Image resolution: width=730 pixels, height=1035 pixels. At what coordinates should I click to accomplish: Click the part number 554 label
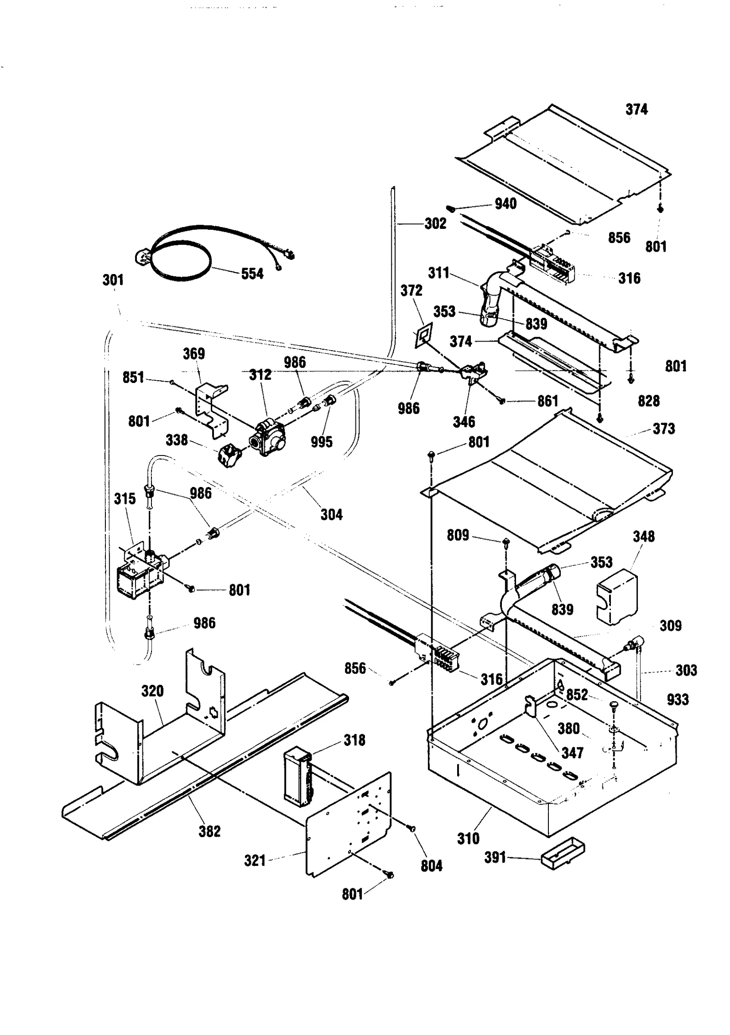[252, 274]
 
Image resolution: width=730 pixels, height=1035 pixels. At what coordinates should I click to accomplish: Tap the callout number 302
[435, 223]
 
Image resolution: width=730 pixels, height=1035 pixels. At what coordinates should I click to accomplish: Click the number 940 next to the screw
[505, 204]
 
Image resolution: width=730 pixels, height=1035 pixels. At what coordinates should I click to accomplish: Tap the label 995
[322, 442]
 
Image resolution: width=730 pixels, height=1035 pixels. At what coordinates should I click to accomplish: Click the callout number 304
[331, 515]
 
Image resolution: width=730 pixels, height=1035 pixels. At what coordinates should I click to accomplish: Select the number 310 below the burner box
[468, 838]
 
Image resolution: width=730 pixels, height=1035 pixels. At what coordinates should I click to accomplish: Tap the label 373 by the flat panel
[663, 429]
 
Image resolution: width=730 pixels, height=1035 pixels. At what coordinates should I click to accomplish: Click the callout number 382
[209, 831]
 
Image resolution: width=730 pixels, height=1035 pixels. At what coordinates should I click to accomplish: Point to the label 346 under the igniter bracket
[464, 422]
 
